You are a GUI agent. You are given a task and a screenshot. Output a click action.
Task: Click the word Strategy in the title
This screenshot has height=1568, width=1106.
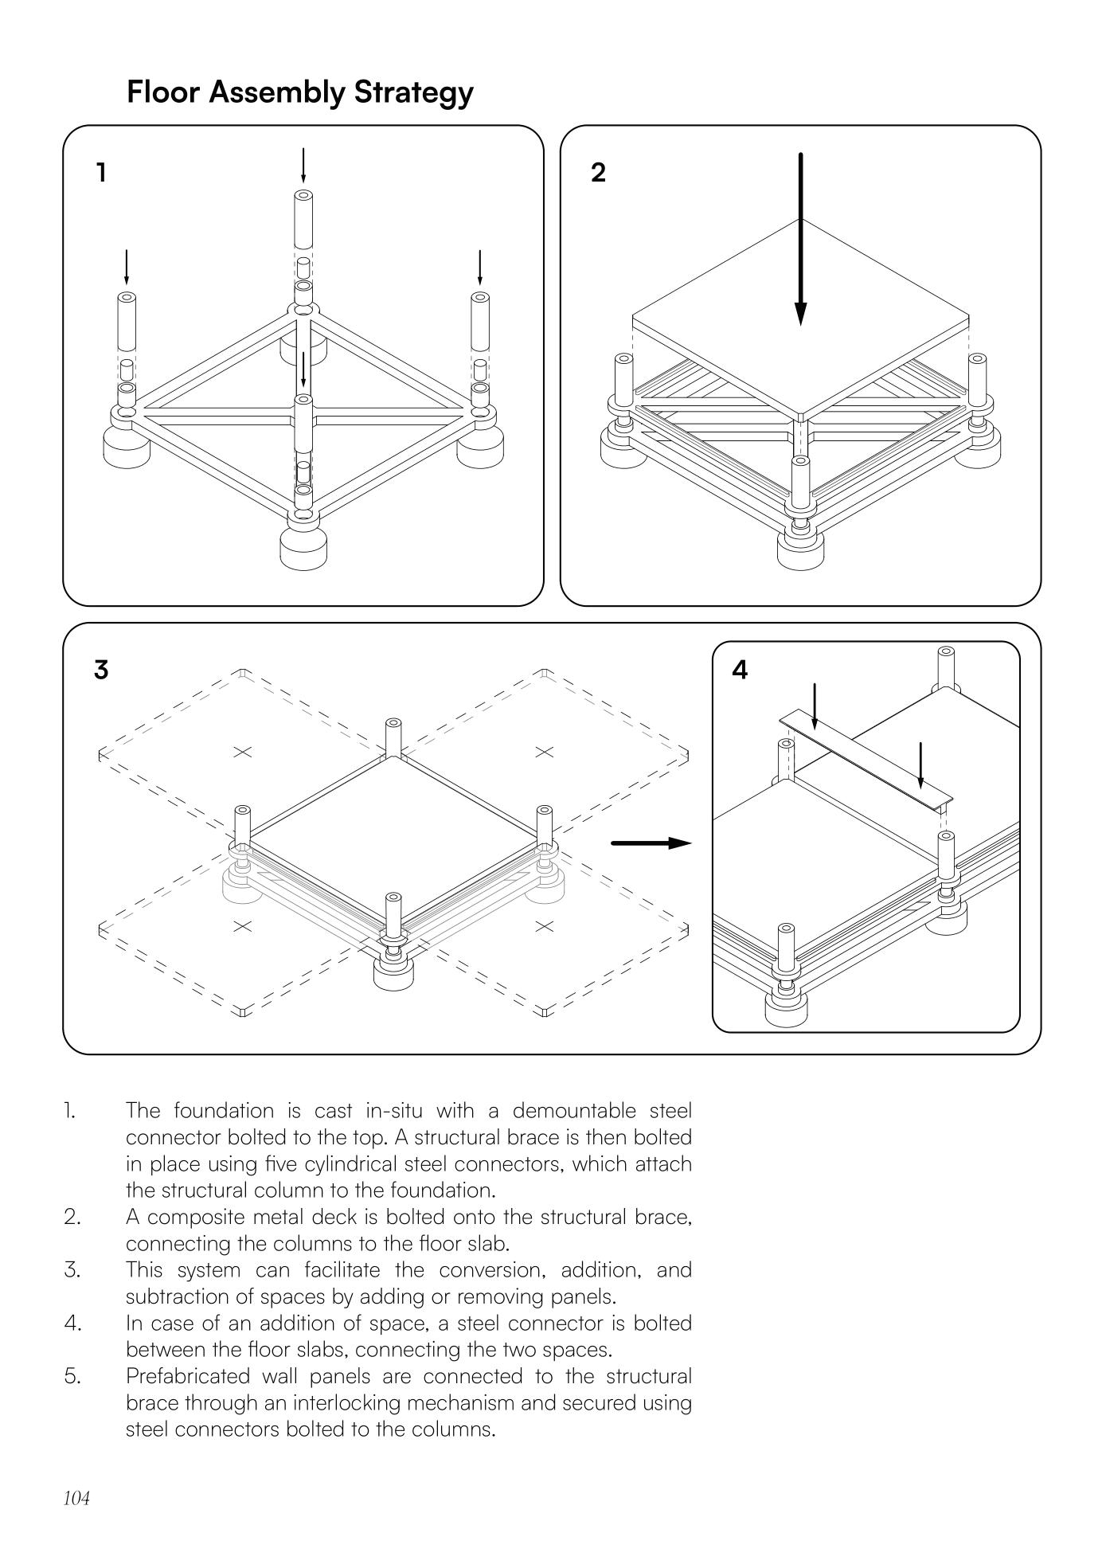[x=413, y=92]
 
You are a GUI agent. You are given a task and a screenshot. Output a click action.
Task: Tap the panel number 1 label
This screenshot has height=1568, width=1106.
[x=101, y=172]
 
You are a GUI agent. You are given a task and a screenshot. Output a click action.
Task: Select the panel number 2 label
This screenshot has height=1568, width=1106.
[x=599, y=172]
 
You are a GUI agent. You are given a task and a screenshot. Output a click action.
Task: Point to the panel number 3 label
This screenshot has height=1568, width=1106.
[x=101, y=670]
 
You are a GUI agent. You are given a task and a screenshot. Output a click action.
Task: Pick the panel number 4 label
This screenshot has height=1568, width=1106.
[x=740, y=671]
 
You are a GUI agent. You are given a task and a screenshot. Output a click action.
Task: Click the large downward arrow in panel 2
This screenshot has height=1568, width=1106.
[x=801, y=239]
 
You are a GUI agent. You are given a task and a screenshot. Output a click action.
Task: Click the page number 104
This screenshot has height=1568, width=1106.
[x=76, y=1499]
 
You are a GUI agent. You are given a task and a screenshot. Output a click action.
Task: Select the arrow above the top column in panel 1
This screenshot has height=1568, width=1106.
[x=303, y=165]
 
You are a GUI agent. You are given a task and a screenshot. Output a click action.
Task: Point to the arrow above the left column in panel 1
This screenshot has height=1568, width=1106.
[x=126, y=268]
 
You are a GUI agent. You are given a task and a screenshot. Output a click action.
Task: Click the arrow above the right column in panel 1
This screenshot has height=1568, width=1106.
[x=479, y=268]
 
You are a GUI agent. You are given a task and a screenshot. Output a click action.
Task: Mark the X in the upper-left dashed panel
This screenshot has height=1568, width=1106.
[x=243, y=752]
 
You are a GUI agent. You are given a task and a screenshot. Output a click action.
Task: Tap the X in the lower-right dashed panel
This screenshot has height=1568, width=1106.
[x=545, y=926]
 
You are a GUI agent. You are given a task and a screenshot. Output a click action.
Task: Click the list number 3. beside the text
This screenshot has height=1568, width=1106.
[x=72, y=1270]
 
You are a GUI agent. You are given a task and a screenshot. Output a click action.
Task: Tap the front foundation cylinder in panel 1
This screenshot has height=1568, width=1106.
[x=303, y=545]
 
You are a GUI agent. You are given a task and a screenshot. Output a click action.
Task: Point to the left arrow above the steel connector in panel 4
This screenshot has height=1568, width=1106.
[x=815, y=706]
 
